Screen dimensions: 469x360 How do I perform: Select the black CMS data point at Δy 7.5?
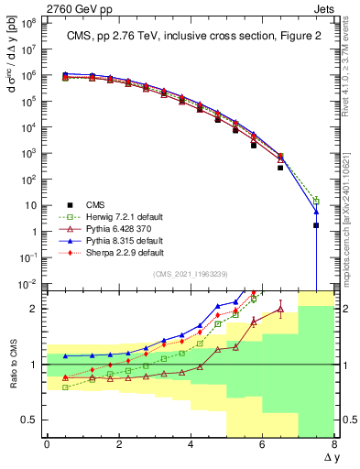click(316, 225)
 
